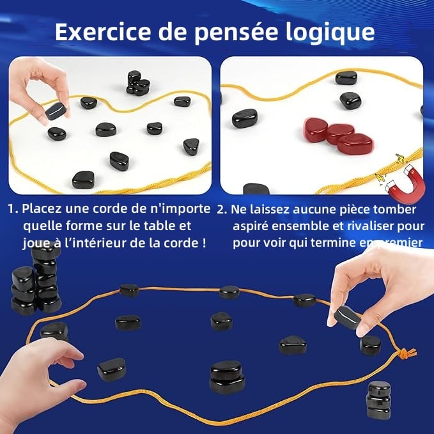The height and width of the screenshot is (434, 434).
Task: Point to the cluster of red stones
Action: [x=337, y=135]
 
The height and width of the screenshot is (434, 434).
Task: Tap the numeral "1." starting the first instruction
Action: [x=13, y=209]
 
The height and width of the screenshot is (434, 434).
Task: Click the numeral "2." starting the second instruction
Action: [x=222, y=209]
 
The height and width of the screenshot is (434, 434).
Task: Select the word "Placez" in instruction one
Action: [x=42, y=209]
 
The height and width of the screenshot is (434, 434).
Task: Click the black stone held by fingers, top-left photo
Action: [x=56, y=112]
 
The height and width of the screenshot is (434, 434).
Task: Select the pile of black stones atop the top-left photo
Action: [x=138, y=83]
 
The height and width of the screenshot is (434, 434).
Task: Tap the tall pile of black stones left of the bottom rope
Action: [x=36, y=281]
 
